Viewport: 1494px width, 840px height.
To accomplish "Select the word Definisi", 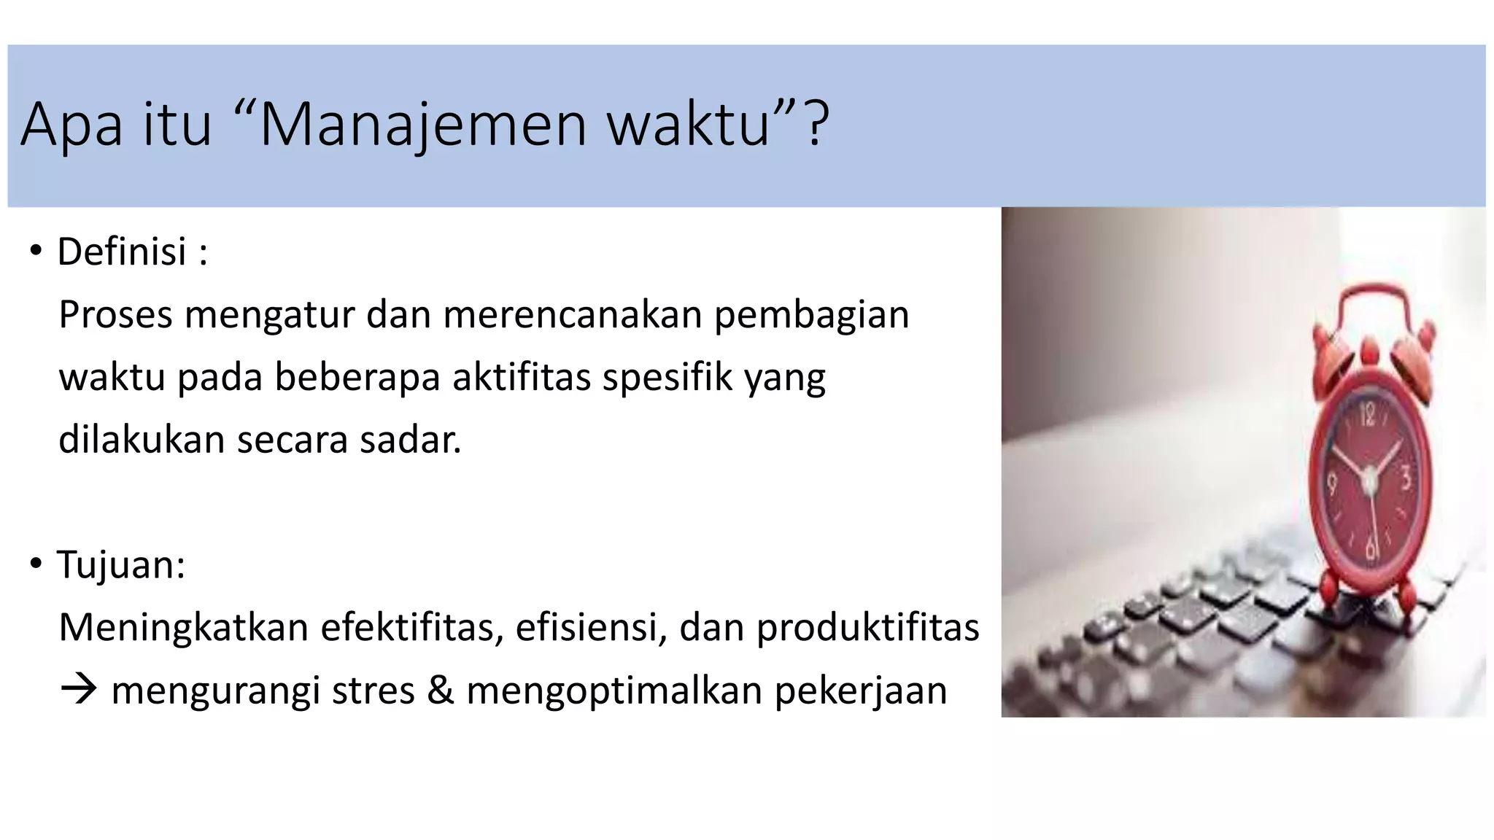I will click(x=122, y=252).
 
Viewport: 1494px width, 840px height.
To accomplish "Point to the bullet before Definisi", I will click(x=36, y=252).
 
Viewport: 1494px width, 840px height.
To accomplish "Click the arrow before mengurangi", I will click(x=79, y=689).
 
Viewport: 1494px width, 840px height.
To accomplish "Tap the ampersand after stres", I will click(x=440, y=690).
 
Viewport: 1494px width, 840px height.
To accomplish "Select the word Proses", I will click(x=115, y=315).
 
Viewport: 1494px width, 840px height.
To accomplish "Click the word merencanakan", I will click(x=572, y=315).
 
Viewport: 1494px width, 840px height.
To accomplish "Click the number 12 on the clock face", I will click(x=1366, y=416).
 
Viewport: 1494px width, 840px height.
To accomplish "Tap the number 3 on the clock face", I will click(x=1406, y=479).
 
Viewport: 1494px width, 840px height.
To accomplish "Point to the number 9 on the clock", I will click(x=1332, y=483).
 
